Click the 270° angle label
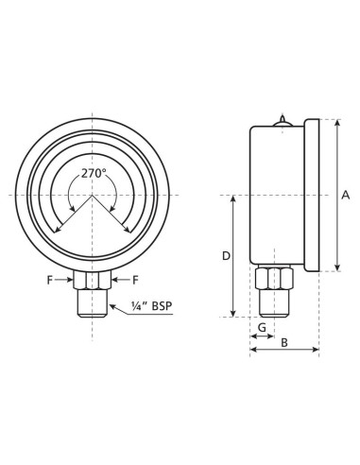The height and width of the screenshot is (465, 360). coord(93,173)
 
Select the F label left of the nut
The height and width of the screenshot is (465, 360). coord(50,280)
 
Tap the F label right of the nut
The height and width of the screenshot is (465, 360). coord(136,280)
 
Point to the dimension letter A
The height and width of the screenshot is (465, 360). coord(345,196)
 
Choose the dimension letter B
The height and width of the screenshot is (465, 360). coord(283,342)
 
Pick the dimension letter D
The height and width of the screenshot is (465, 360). coord(225,256)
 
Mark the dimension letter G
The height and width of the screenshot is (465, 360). coord(262,327)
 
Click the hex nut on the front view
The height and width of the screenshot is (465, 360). coord(93,281)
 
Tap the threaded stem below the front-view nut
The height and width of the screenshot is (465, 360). coord(93,303)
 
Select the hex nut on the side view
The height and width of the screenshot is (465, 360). coord(273,279)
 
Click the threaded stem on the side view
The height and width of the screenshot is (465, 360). coord(273,303)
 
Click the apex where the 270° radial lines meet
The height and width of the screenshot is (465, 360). coord(93,196)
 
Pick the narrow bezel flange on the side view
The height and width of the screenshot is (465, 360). coord(312,196)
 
